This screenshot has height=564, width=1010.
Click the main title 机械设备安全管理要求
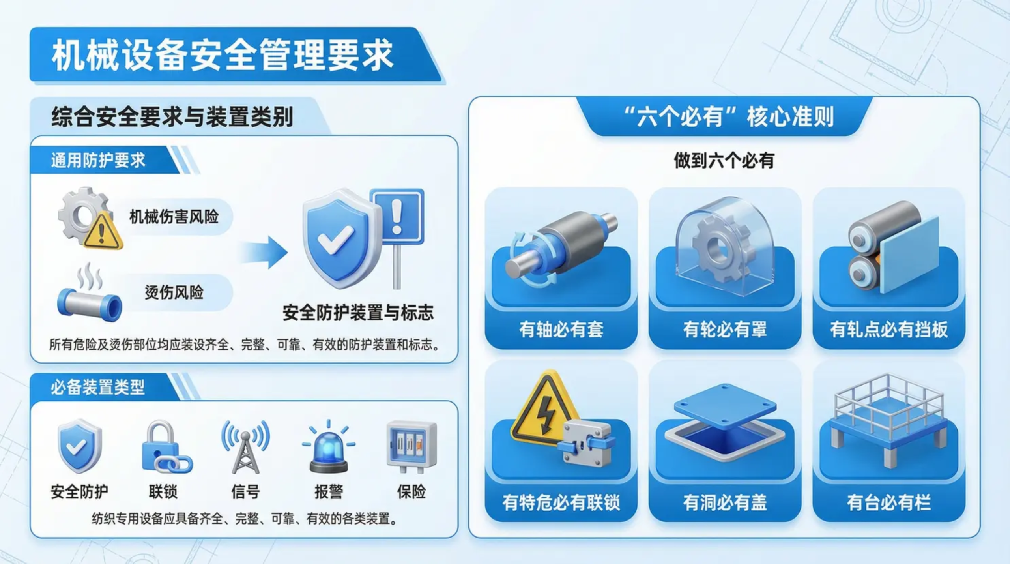click(223, 55)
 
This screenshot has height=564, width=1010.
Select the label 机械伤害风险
click(174, 217)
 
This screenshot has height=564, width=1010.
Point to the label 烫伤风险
click(174, 292)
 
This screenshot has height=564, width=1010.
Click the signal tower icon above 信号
click(245, 448)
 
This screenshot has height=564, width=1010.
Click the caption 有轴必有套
click(561, 330)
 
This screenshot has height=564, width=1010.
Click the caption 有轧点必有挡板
click(889, 330)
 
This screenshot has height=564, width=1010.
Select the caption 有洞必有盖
click(725, 502)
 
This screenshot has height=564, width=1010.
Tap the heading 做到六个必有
click(724, 160)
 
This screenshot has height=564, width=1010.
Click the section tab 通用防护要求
click(98, 160)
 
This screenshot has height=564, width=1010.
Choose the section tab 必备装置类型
click(97, 387)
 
